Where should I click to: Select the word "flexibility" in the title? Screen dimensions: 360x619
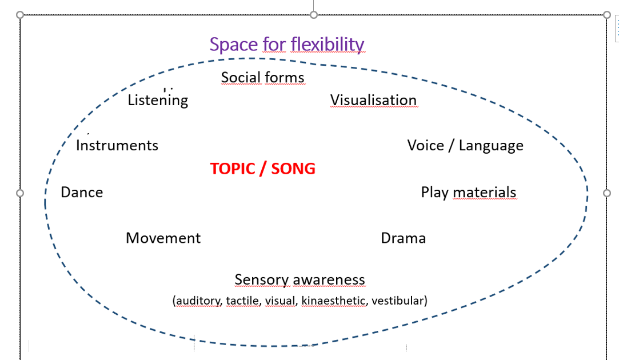pyautogui.click(x=327, y=44)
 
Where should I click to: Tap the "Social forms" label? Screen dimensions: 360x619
pyautogui.click(x=262, y=77)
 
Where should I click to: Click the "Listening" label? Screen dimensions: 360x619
pyautogui.click(x=158, y=100)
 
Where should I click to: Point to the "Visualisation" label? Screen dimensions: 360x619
pyautogui.click(x=373, y=100)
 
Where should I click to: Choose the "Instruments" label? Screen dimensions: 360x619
pyautogui.click(x=117, y=145)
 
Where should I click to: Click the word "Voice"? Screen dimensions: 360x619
pyautogui.click(x=425, y=145)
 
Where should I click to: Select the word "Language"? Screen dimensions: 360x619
pyautogui.click(x=491, y=146)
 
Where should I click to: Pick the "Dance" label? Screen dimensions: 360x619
pyautogui.click(x=82, y=192)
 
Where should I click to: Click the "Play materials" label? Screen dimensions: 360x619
pyautogui.click(x=469, y=192)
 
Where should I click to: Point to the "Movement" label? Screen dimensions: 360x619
pyautogui.click(x=163, y=238)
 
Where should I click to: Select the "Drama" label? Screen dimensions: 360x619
pyautogui.click(x=403, y=238)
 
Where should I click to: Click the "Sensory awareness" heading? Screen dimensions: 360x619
pyautogui.click(x=299, y=279)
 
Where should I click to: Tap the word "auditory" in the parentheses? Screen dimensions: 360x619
pyautogui.click(x=199, y=301)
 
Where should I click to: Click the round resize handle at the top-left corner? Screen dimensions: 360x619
pyautogui.click(x=21, y=14)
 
